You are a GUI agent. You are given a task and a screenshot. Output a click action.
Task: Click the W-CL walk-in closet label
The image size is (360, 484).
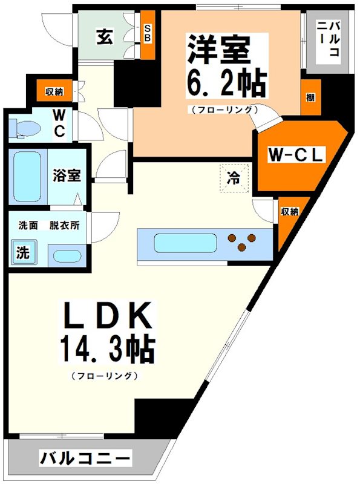point(296,155)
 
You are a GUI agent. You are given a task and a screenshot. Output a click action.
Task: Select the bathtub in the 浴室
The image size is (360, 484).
point(27,177)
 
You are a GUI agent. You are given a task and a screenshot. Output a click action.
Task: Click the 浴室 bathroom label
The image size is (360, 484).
point(65,175)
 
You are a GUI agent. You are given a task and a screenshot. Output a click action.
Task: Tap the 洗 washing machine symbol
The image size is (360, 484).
point(22,253)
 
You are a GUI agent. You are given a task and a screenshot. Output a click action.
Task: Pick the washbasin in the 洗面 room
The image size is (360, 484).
point(64,254)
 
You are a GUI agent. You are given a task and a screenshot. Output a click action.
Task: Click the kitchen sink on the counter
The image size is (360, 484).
point(185,243)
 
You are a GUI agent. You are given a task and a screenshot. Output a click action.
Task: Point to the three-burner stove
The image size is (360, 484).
point(241,242)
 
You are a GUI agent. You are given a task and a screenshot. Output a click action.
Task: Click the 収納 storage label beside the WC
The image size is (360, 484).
point(54,92)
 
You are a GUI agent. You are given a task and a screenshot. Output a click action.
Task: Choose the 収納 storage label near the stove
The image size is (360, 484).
point(289,211)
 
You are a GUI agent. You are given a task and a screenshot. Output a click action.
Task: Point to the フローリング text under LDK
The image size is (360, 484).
point(105,376)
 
